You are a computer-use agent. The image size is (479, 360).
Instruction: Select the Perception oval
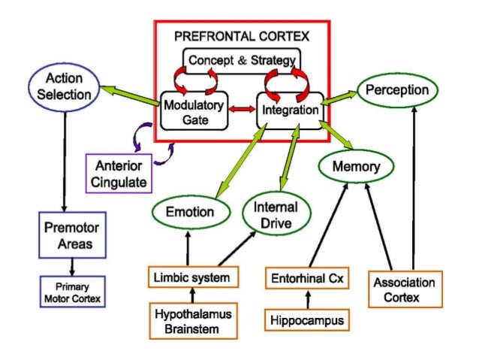(x=397, y=90)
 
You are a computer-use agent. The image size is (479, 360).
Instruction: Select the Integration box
(x=291, y=110)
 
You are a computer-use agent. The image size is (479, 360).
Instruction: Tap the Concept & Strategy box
(x=242, y=60)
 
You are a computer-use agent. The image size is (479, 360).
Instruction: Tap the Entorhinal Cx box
(x=306, y=277)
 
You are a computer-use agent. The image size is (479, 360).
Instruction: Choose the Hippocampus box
(x=306, y=320)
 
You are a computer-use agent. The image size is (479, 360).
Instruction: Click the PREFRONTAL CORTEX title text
(x=241, y=35)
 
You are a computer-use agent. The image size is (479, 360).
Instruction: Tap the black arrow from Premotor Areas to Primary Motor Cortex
(x=72, y=265)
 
